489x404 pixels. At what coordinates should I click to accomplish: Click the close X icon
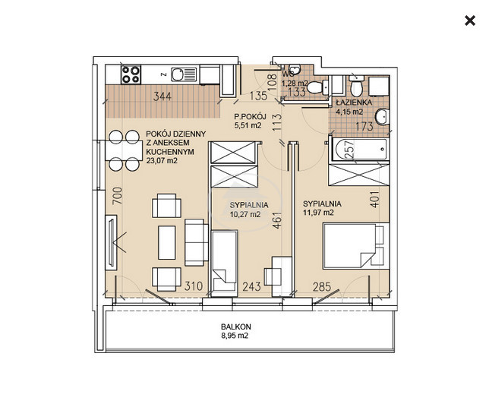(x=470, y=21)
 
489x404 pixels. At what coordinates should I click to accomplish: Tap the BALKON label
(x=235, y=327)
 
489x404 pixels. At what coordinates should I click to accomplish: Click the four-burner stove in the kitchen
(x=131, y=74)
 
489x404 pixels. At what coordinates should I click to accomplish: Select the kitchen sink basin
(x=178, y=74)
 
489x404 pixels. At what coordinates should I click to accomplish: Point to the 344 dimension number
(x=162, y=96)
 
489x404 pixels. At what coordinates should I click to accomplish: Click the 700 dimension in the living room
(x=118, y=196)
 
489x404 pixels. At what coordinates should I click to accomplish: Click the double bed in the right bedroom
(x=356, y=246)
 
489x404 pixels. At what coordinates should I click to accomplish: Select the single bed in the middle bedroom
(x=225, y=264)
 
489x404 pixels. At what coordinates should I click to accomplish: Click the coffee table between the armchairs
(x=167, y=243)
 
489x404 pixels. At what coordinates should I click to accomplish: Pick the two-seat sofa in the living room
(x=197, y=242)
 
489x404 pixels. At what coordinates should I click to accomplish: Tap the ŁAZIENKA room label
(x=354, y=103)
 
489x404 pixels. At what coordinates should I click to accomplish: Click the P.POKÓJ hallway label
(x=250, y=117)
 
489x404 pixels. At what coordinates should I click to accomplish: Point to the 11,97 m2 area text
(x=318, y=213)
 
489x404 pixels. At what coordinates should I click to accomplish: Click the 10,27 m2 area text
(x=245, y=214)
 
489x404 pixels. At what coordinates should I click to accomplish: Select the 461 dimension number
(x=277, y=220)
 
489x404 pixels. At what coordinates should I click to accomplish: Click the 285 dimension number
(x=322, y=286)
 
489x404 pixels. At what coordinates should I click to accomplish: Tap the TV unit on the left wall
(x=111, y=242)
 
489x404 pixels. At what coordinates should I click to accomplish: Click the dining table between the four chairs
(x=124, y=150)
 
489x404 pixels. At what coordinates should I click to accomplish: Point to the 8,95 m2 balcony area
(x=235, y=336)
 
